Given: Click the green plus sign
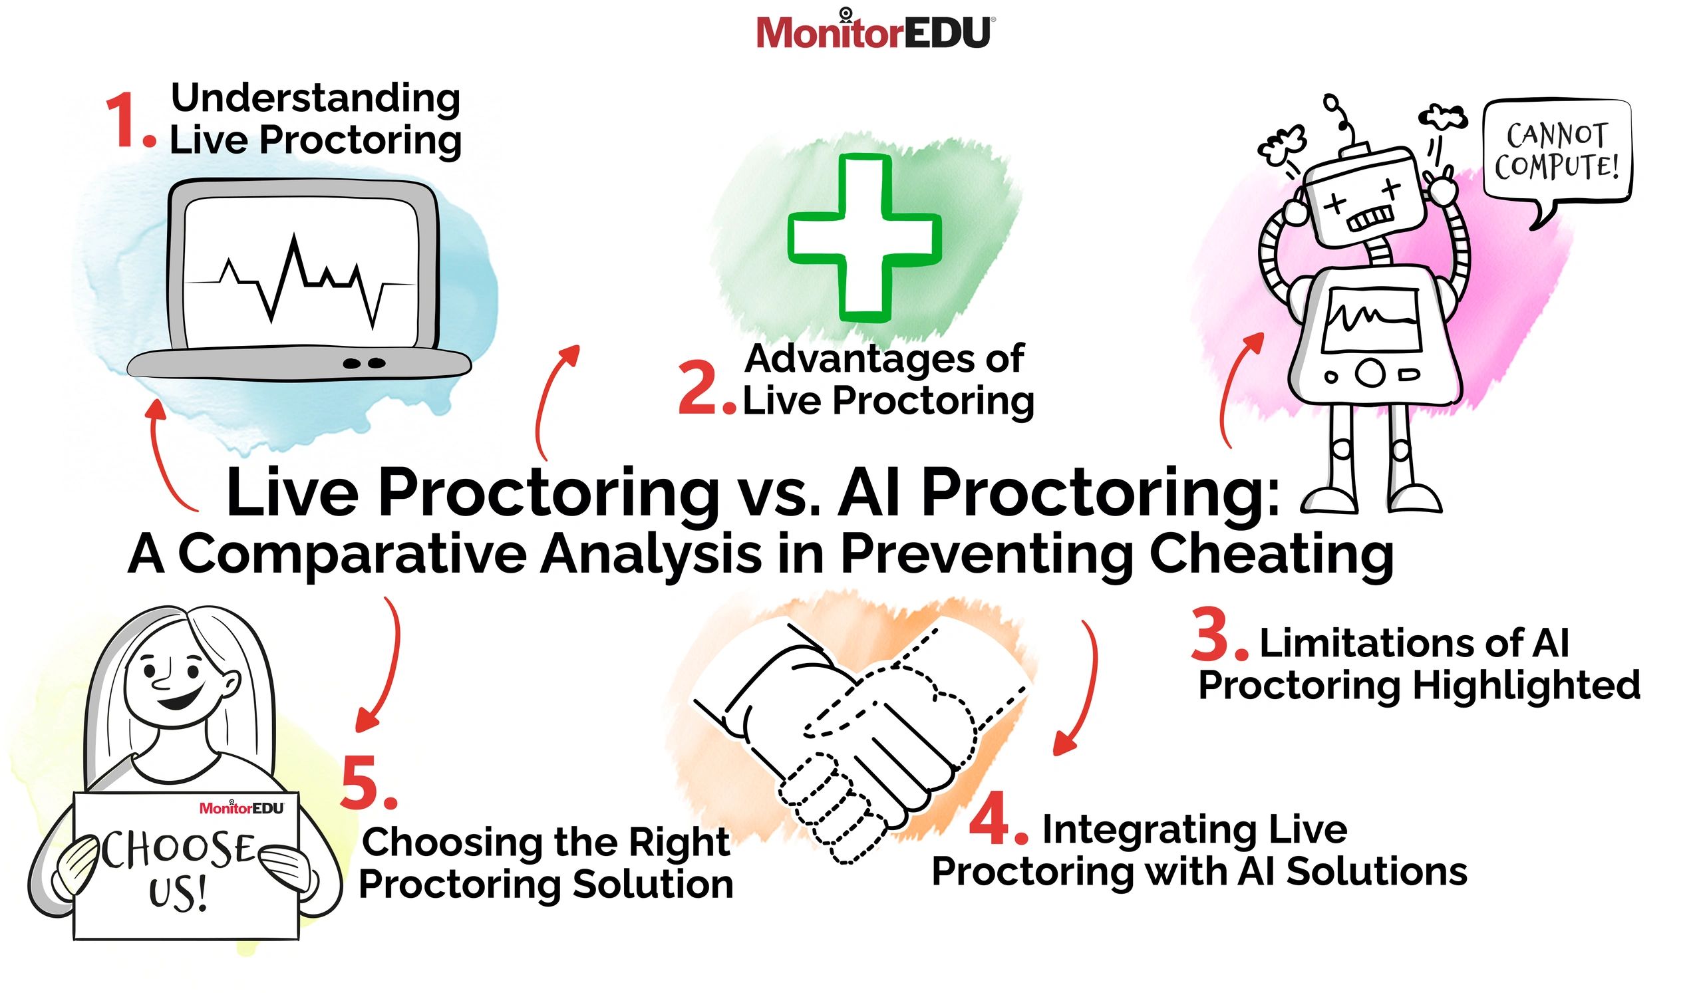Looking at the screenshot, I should click(x=864, y=238).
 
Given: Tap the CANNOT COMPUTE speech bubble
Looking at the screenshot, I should click(x=1556, y=153).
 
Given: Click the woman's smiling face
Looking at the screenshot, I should click(x=177, y=682).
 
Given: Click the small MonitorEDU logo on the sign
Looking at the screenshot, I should click(x=241, y=808).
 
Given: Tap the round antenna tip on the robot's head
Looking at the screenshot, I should click(x=1330, y=102).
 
